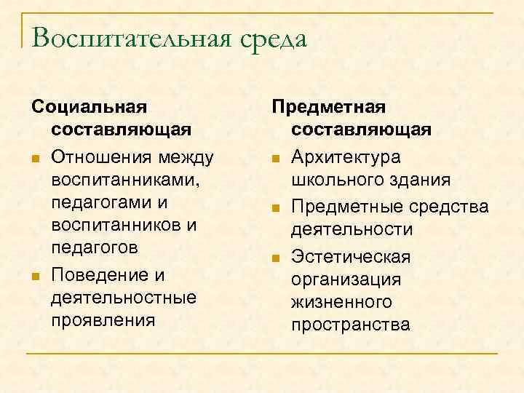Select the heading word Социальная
click(x=89, y=107)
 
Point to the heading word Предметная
click(x=328, y=107)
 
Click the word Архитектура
click(x=345, y=157)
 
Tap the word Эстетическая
click(x=351, y=257)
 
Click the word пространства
click(x=350, y=324)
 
